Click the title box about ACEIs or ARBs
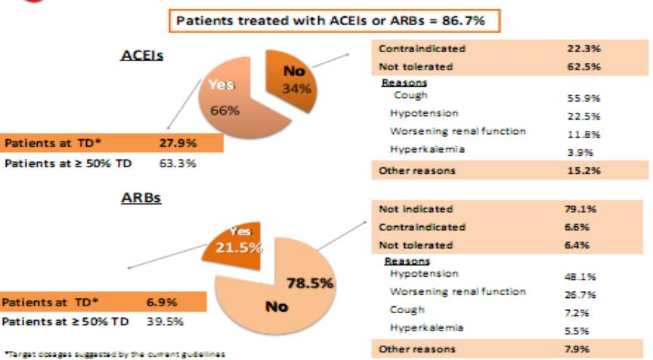coord(338,21)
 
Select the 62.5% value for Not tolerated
coord(582,67)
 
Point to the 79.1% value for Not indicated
coord(582,209)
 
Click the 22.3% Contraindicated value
coord(582,48)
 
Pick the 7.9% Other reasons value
coord(582,349)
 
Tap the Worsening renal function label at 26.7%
coord(458,292)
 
